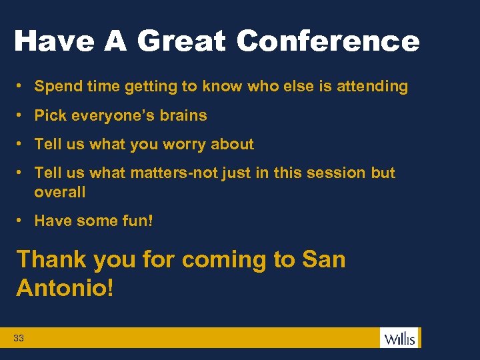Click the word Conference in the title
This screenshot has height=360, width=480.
(x=327, y=41)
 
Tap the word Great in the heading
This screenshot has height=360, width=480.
(x=182, y=41)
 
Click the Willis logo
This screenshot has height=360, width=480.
(x=399, y=338)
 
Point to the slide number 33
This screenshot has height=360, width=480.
(x=19, y=339)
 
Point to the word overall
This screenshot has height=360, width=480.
(x=60, y=192)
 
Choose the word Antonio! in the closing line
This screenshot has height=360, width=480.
(x=65, y=288)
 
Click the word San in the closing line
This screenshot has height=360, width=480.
(x=324, y=259)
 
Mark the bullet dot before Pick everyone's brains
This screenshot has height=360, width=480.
(x=22, y=115)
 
